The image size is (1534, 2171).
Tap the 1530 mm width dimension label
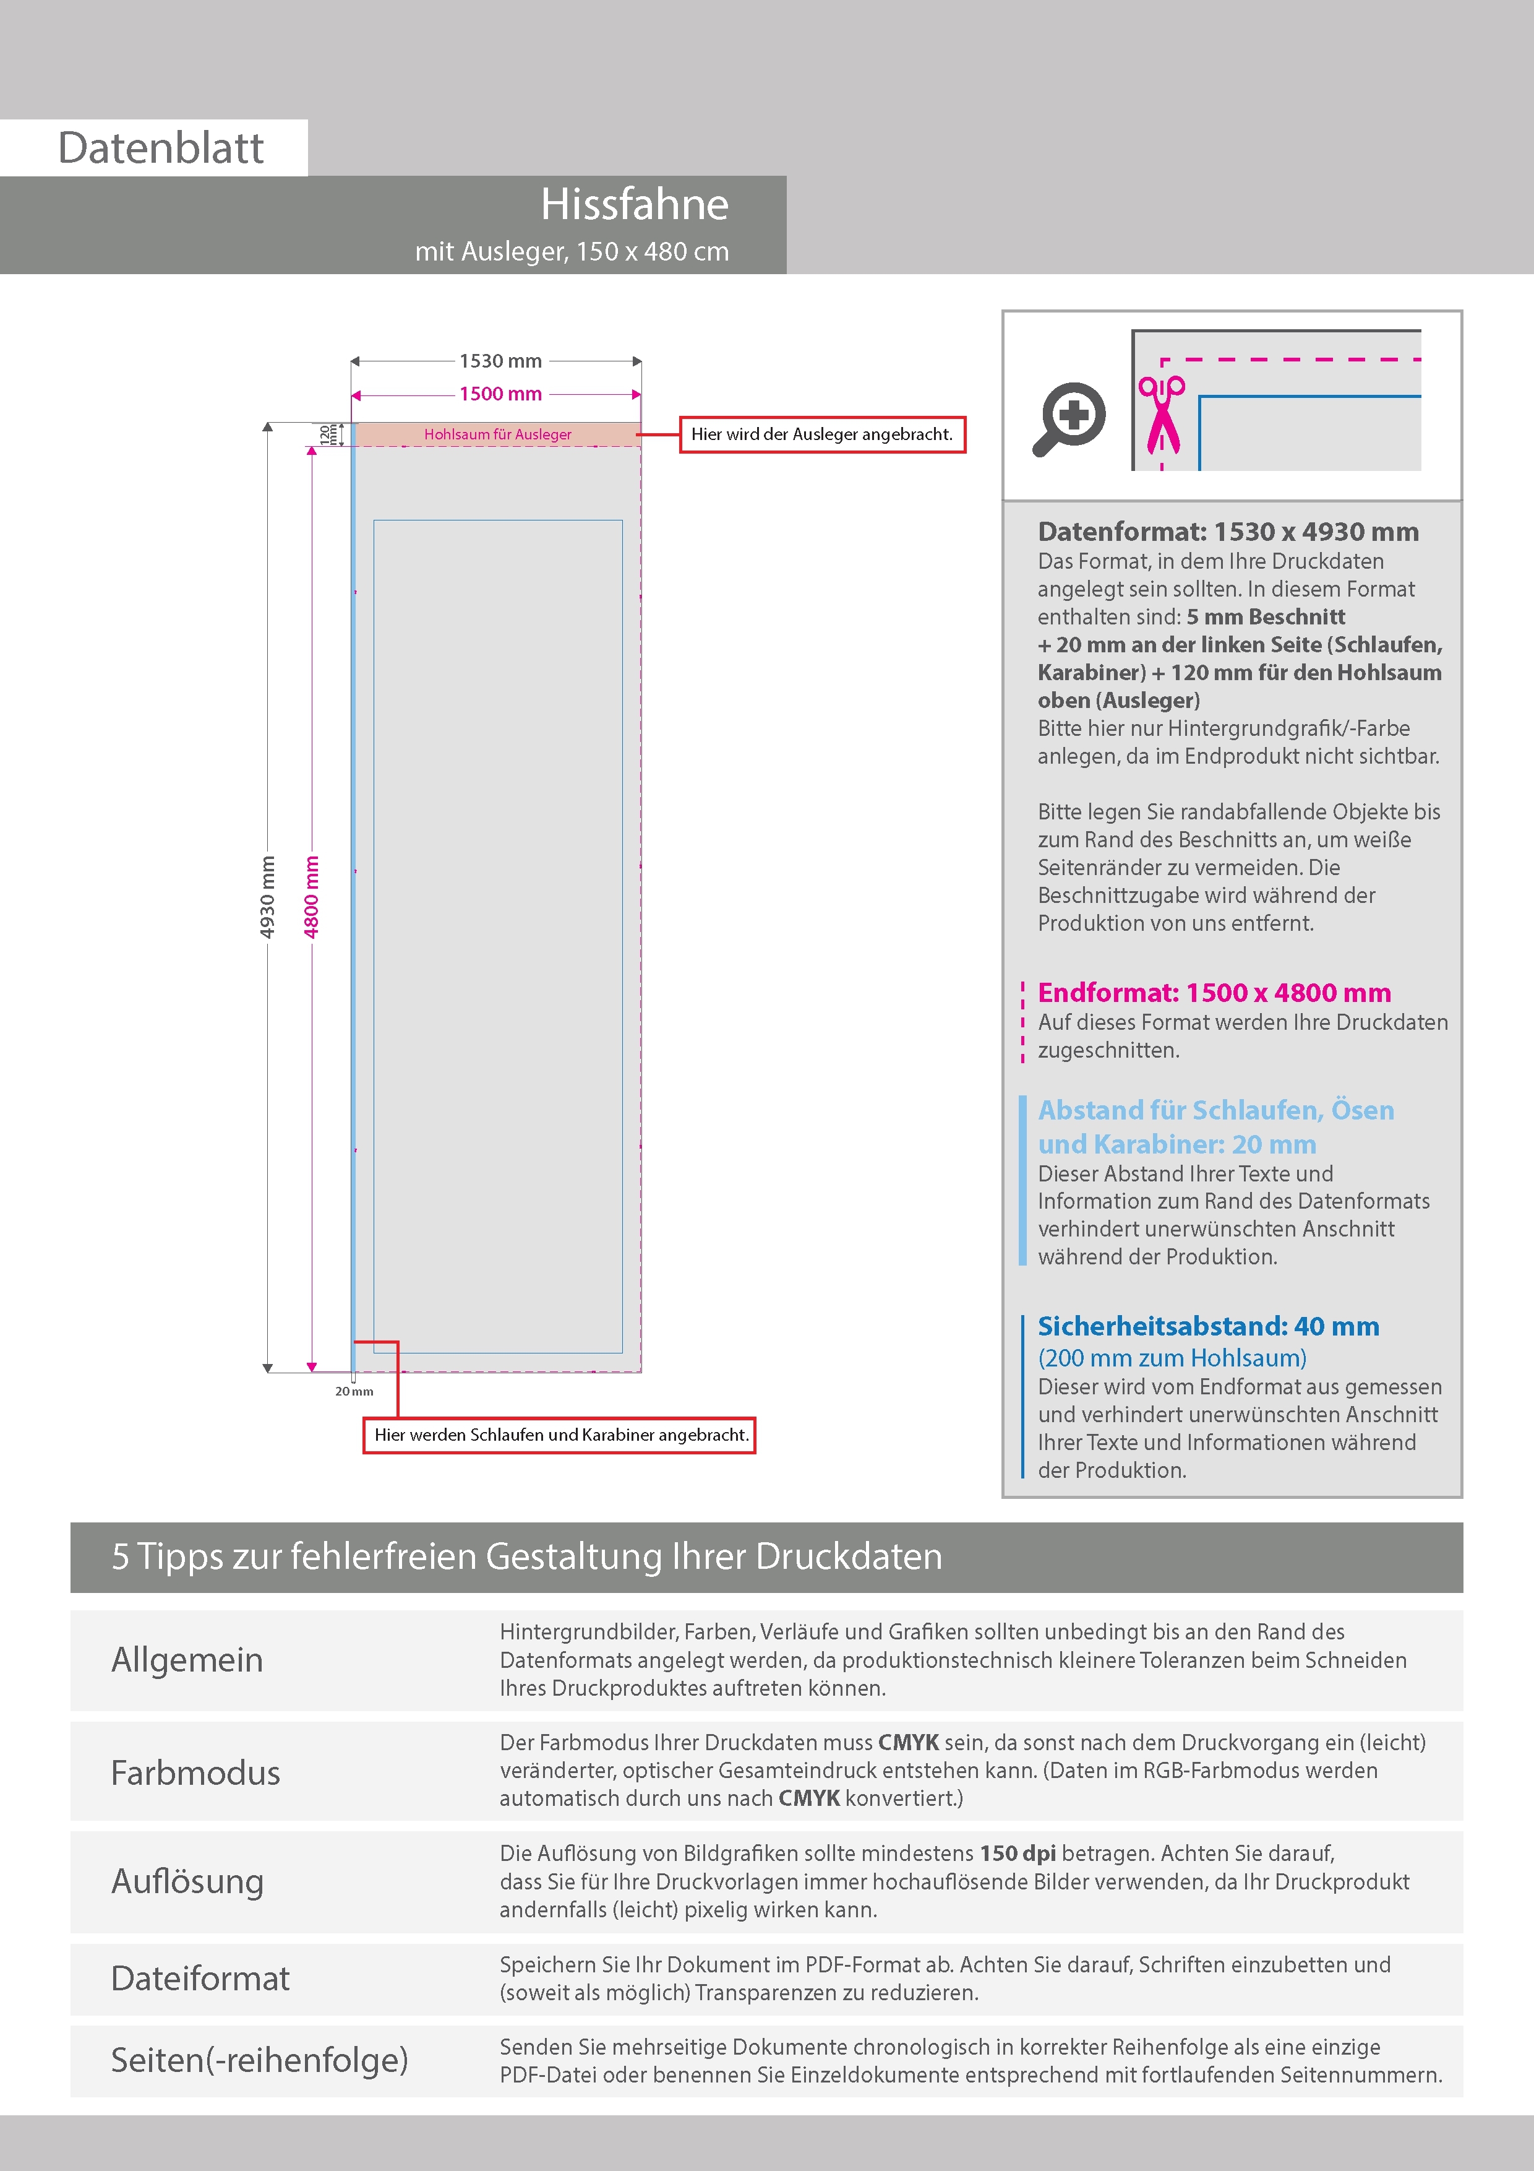pos(500,361)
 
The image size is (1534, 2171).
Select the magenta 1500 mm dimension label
pos(500,394)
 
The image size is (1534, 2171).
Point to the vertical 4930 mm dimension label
pos(267,896)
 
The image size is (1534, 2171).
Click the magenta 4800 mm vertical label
pos(311,896)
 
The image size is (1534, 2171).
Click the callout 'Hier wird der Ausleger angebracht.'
pos(821,435)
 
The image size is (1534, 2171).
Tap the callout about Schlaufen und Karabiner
pos(560,1435)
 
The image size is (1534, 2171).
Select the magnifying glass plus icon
pos(1069,418)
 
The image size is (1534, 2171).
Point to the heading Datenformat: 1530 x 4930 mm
pos(1228,532)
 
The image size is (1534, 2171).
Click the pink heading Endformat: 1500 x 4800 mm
pos(1214,993)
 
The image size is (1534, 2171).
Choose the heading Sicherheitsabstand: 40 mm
pos(1208,1327)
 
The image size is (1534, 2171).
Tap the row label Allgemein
pos(187,1660)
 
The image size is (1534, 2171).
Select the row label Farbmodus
pos(195,1773)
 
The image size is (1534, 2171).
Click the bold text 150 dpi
pos(1018,1854)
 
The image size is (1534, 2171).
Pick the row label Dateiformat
pos(200,1979)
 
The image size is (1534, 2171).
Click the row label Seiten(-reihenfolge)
pos(259,2060)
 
